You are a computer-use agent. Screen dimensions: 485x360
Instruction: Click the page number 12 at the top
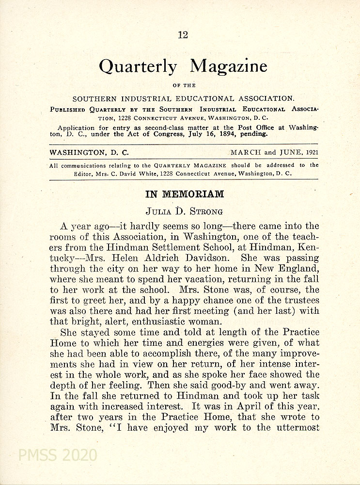point(183,35)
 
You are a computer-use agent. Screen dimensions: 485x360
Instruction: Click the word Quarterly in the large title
point(138,66)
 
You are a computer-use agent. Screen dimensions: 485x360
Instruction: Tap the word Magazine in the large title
point(228,65)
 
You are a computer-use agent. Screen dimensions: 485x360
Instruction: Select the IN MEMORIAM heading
point(185,194)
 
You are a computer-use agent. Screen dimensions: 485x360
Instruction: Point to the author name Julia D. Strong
point(185,211)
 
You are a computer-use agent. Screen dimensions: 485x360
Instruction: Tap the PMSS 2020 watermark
point(57,455)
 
